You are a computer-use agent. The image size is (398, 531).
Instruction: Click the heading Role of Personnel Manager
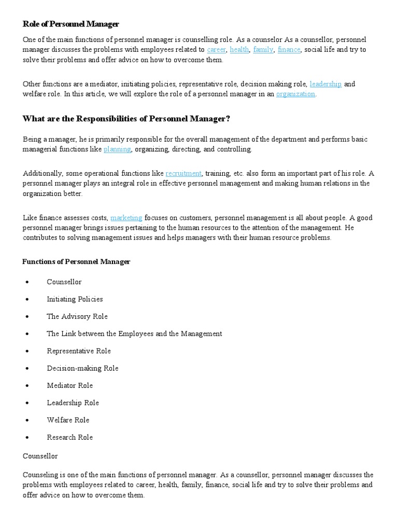(71, 24)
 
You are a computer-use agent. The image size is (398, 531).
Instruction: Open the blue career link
(216, 50)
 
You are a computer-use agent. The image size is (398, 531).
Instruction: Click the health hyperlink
(239, 50)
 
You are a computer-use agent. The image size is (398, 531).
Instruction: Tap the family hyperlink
(263, 50)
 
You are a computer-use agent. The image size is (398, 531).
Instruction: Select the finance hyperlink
(289, 50)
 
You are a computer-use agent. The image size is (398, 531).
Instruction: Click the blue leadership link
(325, 84)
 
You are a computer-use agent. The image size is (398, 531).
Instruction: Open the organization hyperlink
(295, 94)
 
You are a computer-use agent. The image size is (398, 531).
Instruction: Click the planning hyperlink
(117, 149)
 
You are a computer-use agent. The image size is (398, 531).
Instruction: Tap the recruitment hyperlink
(183, 173)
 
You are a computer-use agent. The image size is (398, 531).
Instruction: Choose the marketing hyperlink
(126, 218)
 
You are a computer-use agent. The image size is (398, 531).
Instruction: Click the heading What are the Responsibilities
(126, 119)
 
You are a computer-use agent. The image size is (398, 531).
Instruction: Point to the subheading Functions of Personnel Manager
(76, 262)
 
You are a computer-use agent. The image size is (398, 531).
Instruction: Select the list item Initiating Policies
(75, 299)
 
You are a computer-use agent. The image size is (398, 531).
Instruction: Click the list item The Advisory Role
(77, 316)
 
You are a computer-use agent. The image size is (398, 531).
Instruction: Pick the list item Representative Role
(79, 351)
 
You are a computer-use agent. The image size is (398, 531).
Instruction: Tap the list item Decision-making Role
(82, 368)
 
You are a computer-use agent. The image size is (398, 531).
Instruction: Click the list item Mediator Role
(70, 385)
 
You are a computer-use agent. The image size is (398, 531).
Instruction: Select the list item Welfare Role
(68, 420)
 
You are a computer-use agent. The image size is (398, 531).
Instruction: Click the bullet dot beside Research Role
(26, 438)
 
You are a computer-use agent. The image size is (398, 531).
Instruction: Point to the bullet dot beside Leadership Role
(26, 403)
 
